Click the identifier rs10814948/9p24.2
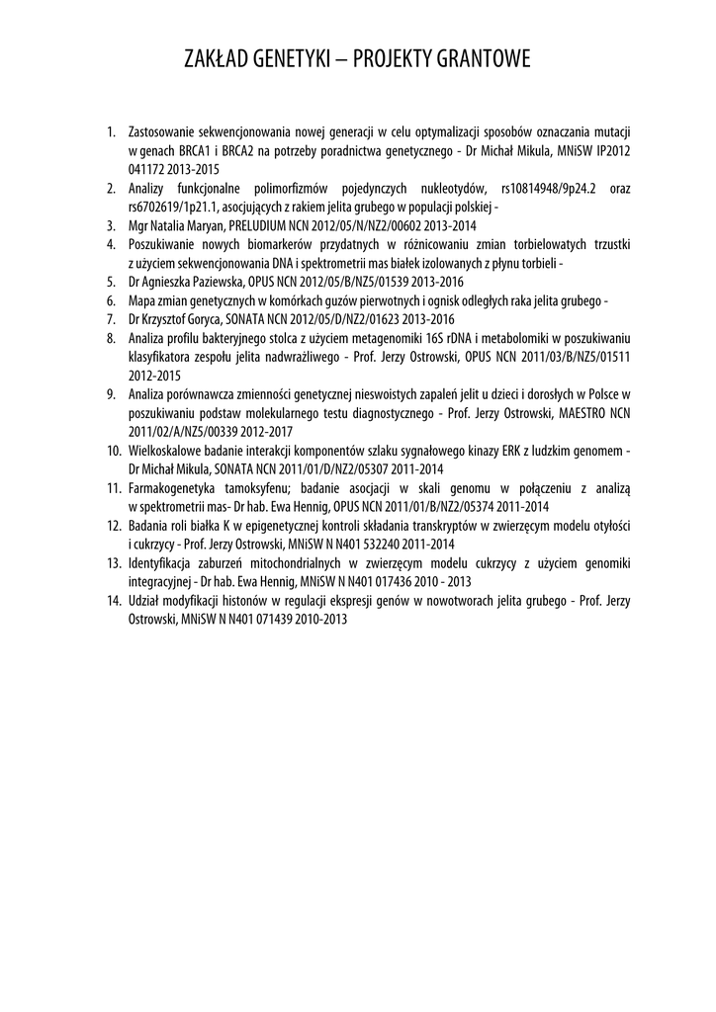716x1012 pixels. [552, 188]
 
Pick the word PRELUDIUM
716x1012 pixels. [266, 225]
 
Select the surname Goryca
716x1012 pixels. [203, 319]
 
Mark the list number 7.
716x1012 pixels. [111, 319]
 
